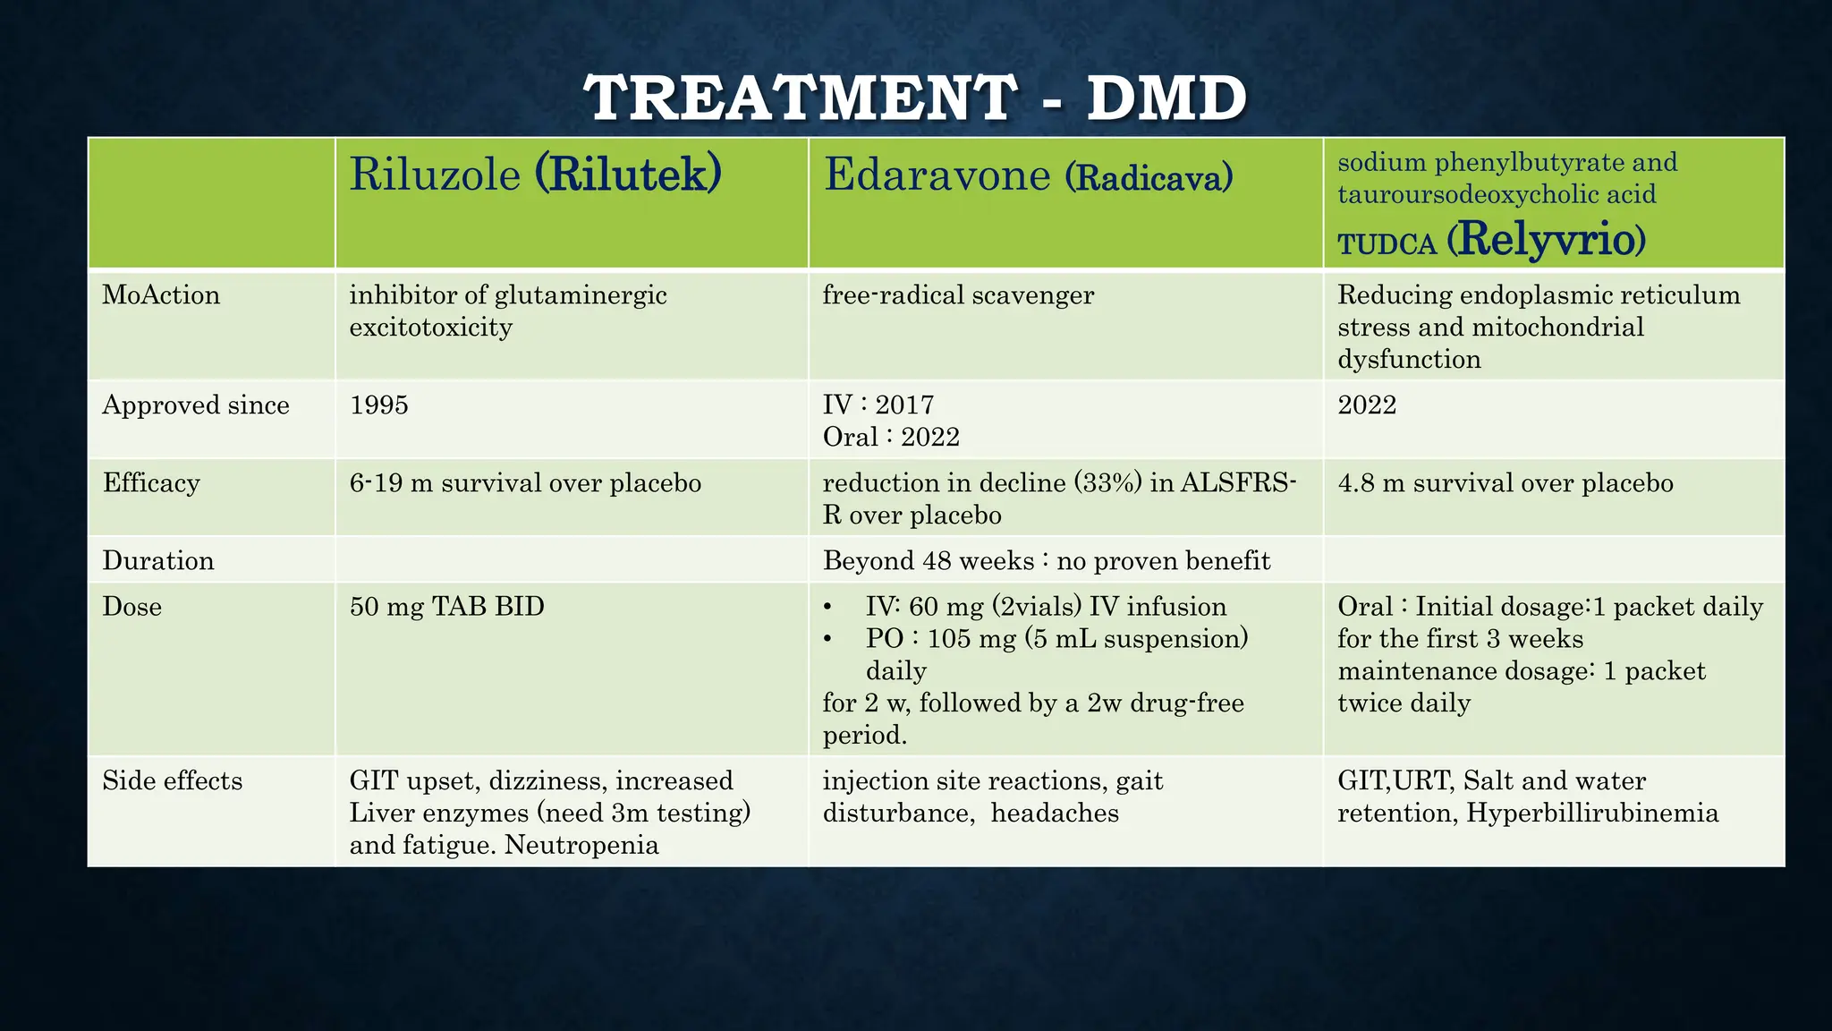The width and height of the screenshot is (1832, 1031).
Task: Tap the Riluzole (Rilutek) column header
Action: [x=535, y=174]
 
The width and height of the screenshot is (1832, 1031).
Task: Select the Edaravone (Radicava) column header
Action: [x=1028, y=175]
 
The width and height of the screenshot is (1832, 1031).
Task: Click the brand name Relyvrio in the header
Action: [x=1546, y=240]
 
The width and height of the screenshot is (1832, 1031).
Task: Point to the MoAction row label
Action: [x=161, y=295]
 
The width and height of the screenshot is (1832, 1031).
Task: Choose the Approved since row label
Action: [x=196, y=405]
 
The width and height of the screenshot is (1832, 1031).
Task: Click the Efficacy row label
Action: [x=151, y=483]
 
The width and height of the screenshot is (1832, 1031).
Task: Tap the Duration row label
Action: [x=158, y=561]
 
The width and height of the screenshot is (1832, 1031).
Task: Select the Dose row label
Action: [x=132, y=607]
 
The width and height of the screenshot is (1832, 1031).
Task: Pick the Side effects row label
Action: [x=173, y=781]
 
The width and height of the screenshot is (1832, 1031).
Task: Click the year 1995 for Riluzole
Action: [x=379, y=405]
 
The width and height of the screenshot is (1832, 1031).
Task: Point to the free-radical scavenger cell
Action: [x=958, y=295]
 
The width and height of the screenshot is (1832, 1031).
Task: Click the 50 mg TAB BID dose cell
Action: [x=446, y=607]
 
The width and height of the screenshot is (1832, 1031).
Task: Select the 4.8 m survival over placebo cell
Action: [x=1505, y=483]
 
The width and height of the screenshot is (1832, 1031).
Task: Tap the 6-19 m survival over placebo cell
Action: [x=525, y=483]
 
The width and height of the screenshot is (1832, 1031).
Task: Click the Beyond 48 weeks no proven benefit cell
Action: [x=1047, y=561]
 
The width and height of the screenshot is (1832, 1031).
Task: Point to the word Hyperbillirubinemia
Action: [x=1592, y=814]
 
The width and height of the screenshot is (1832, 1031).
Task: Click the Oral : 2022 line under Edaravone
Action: [x=891, y=438]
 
